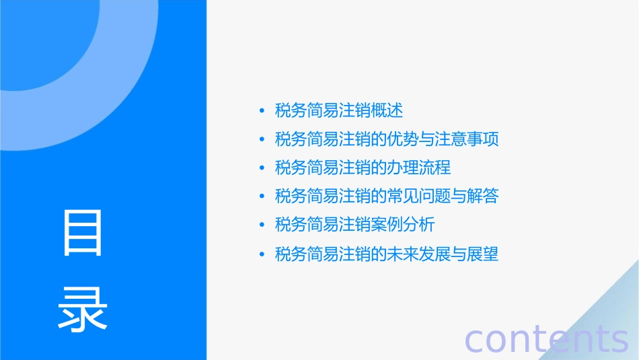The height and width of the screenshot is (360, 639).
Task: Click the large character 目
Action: [x=83, y=233]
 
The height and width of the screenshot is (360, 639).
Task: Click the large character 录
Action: [x=83, y=309]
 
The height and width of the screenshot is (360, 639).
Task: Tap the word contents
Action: [x=546, y=339]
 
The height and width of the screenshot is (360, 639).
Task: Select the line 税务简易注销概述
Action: [x=339, y=110]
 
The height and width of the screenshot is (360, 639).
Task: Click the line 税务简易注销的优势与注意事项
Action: [x=387, y=139]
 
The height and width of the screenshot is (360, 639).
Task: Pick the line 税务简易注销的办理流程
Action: [x=363, y=168]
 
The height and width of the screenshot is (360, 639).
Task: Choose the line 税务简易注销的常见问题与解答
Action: [x=387, y=196]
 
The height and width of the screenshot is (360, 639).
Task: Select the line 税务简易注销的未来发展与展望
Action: [x=387, y=254]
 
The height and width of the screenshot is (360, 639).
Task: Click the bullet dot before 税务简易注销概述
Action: [x=262, y=111]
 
